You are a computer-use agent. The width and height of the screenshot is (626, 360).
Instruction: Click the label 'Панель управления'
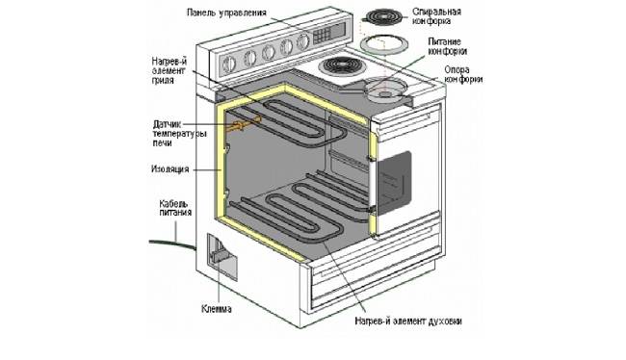click(226, 13)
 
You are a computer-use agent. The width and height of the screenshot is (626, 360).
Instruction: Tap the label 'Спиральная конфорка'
click(436, 16)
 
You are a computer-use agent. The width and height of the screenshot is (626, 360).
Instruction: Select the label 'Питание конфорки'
click(447, 46)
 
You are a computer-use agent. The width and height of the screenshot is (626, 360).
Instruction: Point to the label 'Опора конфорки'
click(462, 75)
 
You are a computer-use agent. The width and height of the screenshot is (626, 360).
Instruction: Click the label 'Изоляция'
click(170, 168)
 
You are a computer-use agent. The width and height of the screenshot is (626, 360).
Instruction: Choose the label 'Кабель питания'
click(175, 208)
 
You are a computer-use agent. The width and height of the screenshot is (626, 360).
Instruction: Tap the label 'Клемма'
click(216, 309)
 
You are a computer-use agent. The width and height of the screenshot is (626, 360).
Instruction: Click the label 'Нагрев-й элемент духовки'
click(408, 321)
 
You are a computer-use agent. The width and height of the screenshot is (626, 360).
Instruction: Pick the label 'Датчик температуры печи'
click(180, 133)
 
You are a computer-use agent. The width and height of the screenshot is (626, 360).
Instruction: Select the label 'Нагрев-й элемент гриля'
click(170, 70)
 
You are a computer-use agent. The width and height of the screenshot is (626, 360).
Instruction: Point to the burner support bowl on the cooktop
click(385, 90)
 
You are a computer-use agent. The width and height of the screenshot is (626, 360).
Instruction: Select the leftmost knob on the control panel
click(229, 63)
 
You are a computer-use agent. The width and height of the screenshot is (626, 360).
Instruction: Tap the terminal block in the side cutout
click(221, 256)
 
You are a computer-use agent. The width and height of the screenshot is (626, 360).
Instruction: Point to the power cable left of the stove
click(172, 244)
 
